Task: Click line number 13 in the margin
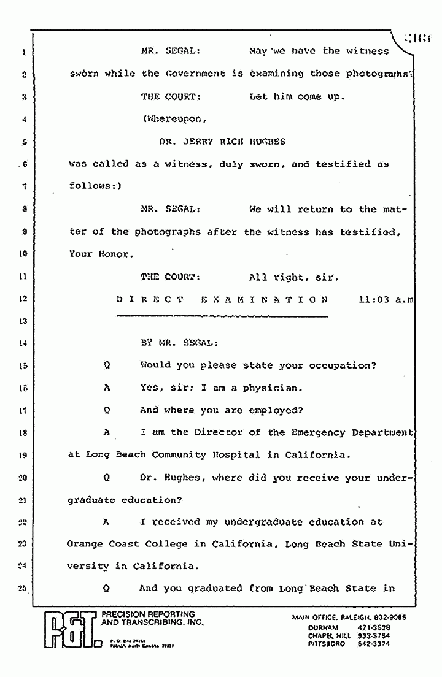(x=21, y=321)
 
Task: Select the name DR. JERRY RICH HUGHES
(x=222, y=141)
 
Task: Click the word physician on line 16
(x=270, y=388)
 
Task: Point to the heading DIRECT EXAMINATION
(x=222, y=300)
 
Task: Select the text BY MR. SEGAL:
(x=179, y=343)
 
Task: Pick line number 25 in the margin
(x=21, y=589)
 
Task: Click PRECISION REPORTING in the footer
(x=148, y=614)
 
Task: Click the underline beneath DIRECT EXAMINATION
(x=222, y=316)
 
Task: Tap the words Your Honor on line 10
(x=99, y=253)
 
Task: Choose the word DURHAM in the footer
(x=324, y=627)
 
